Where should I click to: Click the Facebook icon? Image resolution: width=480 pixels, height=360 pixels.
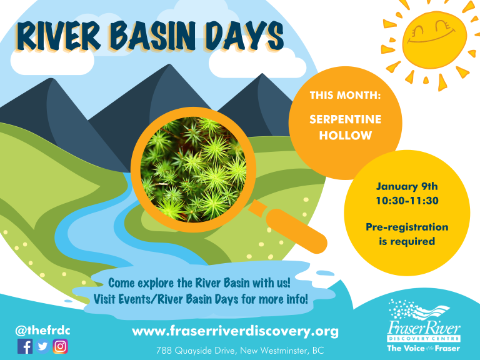point(25,346)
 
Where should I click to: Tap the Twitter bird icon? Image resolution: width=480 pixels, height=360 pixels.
point(42,346)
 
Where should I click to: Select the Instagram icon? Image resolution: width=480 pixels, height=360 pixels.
point(60,346)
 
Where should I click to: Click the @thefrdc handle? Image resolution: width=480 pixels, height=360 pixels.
point(42,331)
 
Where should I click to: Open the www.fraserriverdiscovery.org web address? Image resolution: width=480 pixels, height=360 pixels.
point(235,331)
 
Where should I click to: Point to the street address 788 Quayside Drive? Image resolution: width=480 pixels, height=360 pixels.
point(197,351)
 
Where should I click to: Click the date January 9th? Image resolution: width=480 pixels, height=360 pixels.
point(407,186)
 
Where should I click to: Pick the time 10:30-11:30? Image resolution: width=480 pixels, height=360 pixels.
point(407,201)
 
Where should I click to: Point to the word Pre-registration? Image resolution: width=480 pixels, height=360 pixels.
point(407,227)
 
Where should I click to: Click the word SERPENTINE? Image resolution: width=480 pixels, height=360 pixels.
point(345,119)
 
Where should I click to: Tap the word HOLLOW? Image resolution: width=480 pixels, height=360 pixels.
point(346,135)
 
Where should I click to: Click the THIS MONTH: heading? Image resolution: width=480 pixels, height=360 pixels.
point(345,95)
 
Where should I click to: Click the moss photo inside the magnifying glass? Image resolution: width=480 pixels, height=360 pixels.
point(194,169)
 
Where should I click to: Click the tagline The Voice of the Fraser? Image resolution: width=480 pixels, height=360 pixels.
point(424,348)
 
